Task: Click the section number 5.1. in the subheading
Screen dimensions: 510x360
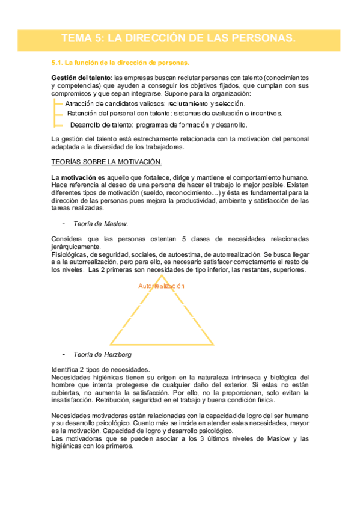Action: click(x=58, y=63)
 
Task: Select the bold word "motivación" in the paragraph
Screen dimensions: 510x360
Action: click(x=78, y=178)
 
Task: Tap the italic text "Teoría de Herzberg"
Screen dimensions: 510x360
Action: click(x=102, y=354)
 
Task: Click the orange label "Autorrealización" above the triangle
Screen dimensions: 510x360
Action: click(x=161, y=286)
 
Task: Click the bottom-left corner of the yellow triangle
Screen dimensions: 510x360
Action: click(x=109, y=345)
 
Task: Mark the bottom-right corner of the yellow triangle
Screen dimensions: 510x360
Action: click(x=213, y=345)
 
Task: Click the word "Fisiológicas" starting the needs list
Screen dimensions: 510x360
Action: click(x=69, y=254)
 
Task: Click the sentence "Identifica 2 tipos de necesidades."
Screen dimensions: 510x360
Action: click(x=101, y=369)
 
